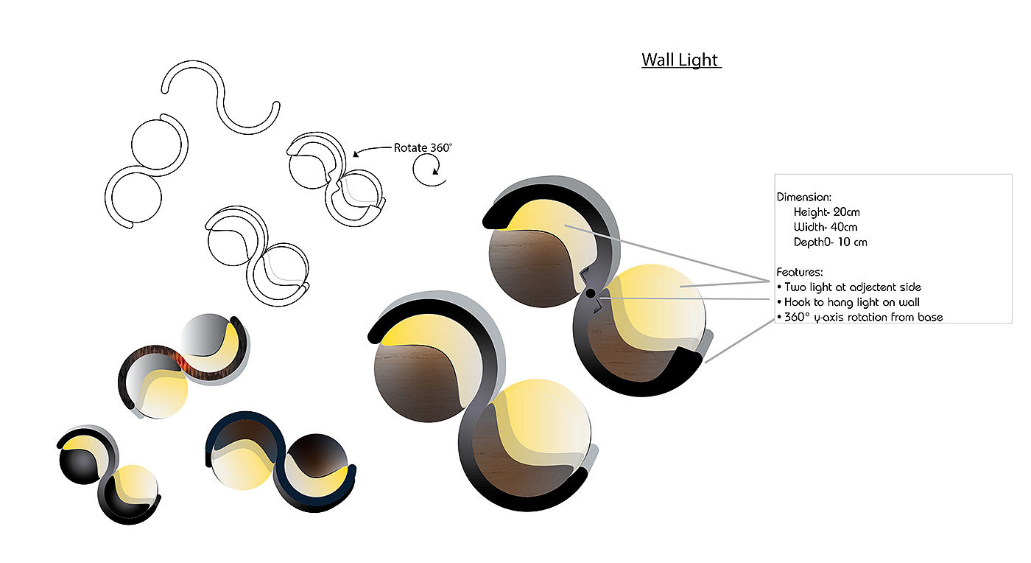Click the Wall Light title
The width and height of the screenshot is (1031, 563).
click(x=680, y=60)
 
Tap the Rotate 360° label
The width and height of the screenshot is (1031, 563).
click(x=423, y=147)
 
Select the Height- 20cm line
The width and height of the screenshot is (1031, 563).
click(x=826, y=212)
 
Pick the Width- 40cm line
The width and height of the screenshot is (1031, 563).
click(x=826, y=227)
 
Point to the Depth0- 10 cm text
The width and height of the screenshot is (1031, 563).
click(x=831, y=242)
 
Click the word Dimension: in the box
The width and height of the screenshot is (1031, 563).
click(x=804, y=197)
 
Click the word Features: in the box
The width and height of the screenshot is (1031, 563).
click(x=800, y=272)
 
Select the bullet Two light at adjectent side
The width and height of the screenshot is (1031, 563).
click(x=849, y=287)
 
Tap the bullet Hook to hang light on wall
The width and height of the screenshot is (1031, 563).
click(x=848, y=302)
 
